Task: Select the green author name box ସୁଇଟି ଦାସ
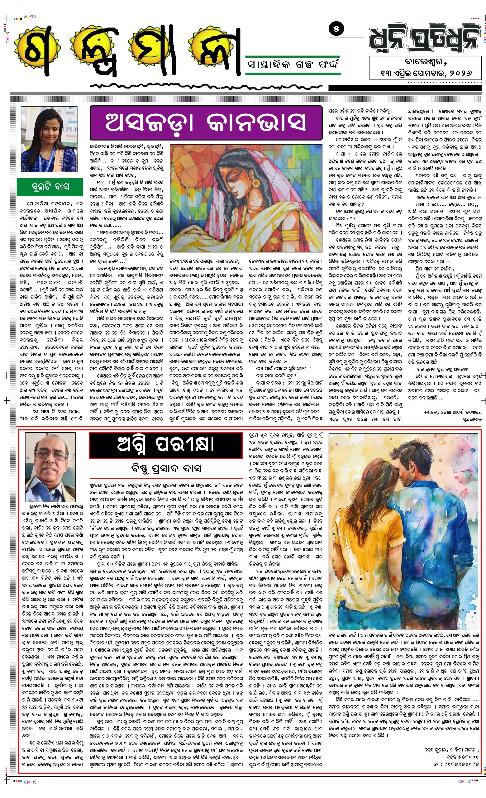(x=50, y=187)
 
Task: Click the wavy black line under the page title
(x=207, y=86)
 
